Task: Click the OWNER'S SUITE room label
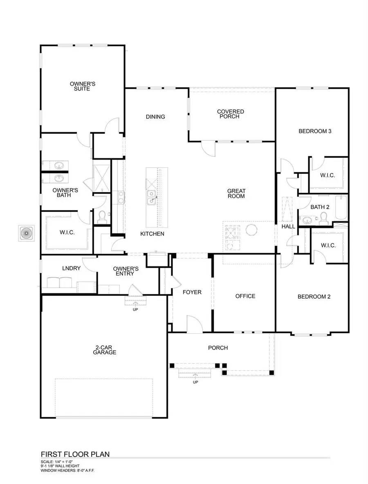pos(83,86)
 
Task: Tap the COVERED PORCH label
pos(231,114)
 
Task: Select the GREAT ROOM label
pos(236,194)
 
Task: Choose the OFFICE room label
pos(245,296)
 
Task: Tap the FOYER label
pos(192,292)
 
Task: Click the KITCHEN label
pos(152,234)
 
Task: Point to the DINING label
pos(155,117)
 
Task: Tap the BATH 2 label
pos(320,207)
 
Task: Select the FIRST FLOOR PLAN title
pos(75,454)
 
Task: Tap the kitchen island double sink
pos(151,197)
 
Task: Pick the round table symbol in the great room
pos(251,230)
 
